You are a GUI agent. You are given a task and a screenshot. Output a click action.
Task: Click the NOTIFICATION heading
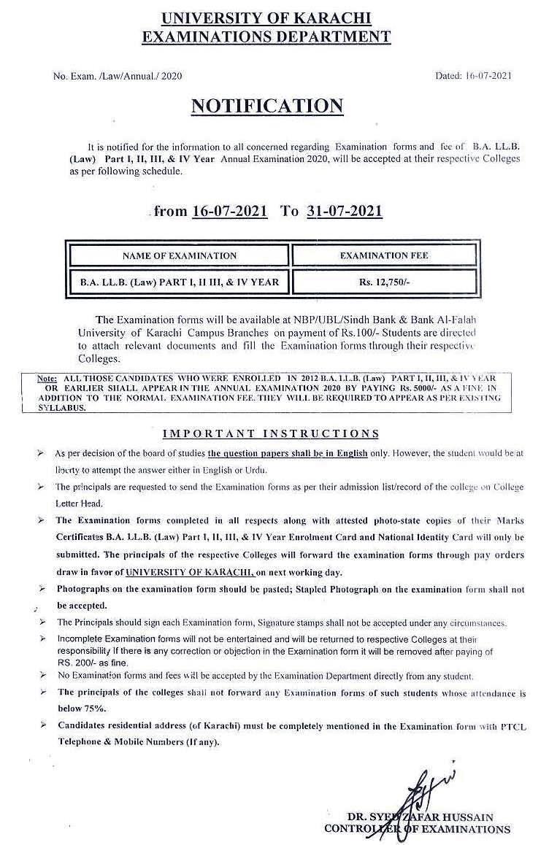click(266, 106)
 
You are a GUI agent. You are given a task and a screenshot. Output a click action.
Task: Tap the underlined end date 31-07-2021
click(345, 212)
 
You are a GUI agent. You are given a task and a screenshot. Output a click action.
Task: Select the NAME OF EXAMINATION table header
click(179, 255)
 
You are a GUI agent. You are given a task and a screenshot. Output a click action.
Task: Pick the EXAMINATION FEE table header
click(384, 255)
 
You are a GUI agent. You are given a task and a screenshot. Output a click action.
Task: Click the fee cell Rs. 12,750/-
click(384, 281)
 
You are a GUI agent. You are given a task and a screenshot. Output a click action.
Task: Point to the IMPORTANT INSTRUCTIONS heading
click(270, 433)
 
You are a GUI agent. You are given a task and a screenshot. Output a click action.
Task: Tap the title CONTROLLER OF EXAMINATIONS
click(418, 829)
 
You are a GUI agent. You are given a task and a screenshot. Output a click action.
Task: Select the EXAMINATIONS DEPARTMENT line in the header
click(266, 36)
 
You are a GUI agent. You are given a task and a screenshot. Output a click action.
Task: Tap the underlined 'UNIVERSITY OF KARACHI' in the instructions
click(187, 574)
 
